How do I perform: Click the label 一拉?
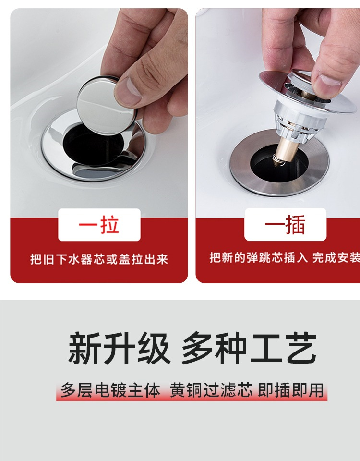click(99, 225)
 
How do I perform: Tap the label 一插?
click(285, 224)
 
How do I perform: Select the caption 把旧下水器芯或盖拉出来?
click(99, 259)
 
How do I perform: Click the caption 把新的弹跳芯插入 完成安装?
click(285, 257)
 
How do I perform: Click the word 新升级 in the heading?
click(120, 348)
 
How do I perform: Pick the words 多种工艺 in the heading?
click(249, 348)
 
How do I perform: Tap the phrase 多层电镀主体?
click(110, 390)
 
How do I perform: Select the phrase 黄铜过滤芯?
click(211, 390)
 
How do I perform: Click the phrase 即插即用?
click(291, 390)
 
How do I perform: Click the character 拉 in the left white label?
click(109, 225)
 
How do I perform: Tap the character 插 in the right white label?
click(295, 224)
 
